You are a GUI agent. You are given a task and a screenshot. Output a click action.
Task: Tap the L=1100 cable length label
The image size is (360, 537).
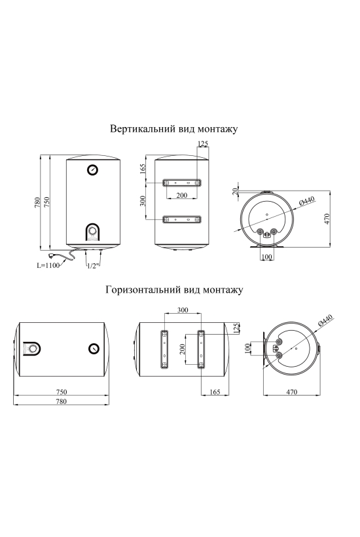pyautogui.click(x=48, y=265)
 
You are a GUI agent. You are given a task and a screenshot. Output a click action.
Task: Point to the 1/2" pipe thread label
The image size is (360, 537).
pyautogui.click(x=93, y=265)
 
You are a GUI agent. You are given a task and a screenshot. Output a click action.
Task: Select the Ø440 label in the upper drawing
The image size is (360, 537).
pyautogui.click(x=306, y=201)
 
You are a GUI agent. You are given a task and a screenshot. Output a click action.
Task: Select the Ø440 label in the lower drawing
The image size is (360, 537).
pyautogui.click(x=325, y=320)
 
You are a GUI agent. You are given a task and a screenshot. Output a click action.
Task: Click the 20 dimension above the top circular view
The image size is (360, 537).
pyautogui.click(x=235, y=191)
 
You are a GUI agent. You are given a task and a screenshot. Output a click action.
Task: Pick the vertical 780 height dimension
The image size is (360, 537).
pyautogui.click(x=38, y=202)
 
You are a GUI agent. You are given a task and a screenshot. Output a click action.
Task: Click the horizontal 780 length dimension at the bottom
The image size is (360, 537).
pyautogui.click(x=61, y=401)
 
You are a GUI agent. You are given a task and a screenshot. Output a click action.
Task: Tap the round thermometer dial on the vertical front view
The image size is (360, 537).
pyautogui.click(x=93, y=170)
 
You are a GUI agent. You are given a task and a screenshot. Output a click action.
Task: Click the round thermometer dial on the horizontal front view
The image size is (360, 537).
pyautogui.click(x=94, y=348)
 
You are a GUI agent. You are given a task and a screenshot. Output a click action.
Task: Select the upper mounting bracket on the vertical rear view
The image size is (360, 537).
pyautogui.click(x=182, y=183)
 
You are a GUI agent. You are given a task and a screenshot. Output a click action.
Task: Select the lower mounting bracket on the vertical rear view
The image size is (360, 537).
pyautogui.click(x=182, y=219)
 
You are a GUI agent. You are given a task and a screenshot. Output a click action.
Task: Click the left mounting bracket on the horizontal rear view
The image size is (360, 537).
pyautogui.click(x=164, y=349)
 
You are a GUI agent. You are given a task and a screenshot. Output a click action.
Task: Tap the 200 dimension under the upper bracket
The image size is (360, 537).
pyautogui.click(x=182, y=195)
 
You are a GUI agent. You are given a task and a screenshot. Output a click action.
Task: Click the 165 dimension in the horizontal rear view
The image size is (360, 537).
pyautogui.click(x=215, y=392)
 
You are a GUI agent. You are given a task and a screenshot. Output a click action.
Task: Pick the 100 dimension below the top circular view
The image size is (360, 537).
pyautogui.click(x=266, y=257)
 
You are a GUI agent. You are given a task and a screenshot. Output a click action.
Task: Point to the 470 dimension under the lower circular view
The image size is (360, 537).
pyautogui.click(x=291, y=392)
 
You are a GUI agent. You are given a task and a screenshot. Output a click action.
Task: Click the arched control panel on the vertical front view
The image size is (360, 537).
pyautogui.click(x=92, y=233)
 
